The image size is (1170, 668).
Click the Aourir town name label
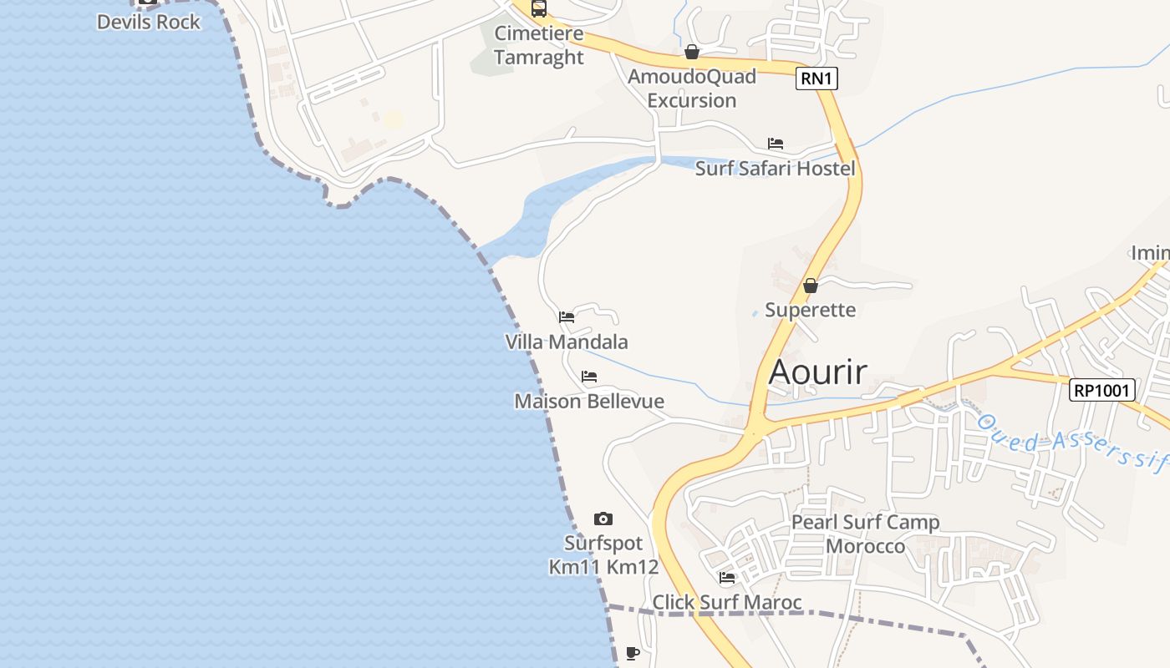point(817,372)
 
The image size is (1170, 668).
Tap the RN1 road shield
point(816,79)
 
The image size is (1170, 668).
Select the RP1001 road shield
point(1102,390)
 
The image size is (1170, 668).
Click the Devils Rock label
point(149,22)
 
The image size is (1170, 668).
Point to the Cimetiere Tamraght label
point(539,45)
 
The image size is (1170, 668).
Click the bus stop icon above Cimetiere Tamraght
point(539,8)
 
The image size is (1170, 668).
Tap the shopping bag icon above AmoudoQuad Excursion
point(692,53)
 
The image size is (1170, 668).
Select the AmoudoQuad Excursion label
point(692,89)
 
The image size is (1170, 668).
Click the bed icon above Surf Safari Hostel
point(776,144)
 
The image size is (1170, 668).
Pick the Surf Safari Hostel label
point(776,169)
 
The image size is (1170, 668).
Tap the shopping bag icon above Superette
point(810,286)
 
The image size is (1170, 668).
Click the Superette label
point(810,310)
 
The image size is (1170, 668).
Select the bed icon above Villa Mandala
point(567,317)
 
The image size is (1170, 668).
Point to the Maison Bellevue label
point(589,402)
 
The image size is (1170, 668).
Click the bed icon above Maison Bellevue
point(589,377)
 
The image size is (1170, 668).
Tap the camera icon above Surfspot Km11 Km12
point(603,519)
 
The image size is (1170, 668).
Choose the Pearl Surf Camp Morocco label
point(865,534)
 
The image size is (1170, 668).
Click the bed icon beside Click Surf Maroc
point(727,578)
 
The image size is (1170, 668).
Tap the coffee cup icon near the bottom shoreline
point(633,653)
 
